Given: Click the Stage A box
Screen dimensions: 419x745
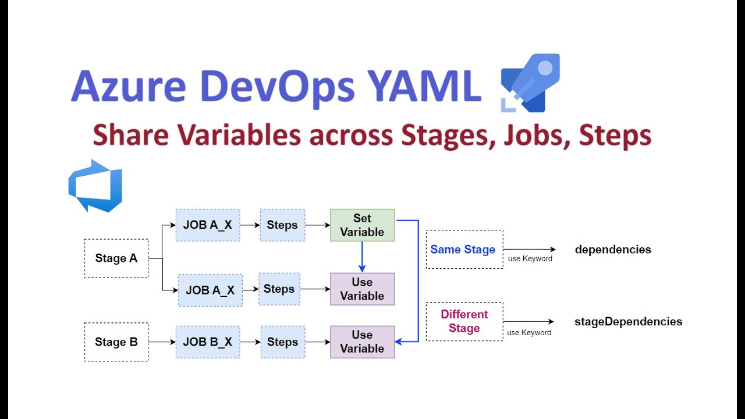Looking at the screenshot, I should click(116, 258).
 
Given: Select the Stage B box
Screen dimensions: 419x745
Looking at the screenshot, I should click(116, 342).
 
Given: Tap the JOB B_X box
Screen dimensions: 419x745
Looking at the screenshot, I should click(208, 342).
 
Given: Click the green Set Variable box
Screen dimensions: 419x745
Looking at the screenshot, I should click(362, 225).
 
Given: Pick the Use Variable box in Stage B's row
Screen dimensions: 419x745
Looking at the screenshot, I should click(362, 342).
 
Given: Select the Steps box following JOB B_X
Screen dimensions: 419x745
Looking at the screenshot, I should click(282, 342).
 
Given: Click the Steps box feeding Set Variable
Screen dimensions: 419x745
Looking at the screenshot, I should click(282, 225).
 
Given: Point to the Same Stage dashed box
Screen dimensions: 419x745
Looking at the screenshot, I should click(464, 250).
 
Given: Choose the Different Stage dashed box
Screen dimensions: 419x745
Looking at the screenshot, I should click(464, 321).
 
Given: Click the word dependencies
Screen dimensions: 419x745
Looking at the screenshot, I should click(613, 250).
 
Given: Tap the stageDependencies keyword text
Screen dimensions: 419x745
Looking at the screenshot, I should click(628, 321).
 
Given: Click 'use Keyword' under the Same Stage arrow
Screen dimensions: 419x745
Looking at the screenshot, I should click(530, 259).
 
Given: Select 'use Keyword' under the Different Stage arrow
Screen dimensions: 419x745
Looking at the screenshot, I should click(529, 333).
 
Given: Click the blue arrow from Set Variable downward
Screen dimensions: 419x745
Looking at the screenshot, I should click(362, 257).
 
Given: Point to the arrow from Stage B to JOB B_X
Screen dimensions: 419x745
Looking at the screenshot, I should click(162, 342).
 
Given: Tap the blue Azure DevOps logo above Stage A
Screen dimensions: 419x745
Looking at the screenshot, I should click(95, 185).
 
